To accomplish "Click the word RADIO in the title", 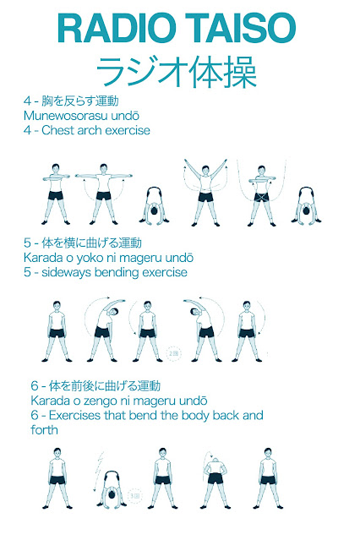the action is [115, 28].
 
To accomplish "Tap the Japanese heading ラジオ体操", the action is [177, 73].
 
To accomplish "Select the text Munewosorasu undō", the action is [81, 116].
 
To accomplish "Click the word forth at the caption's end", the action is [44, 430].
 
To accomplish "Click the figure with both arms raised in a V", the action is [205, 192].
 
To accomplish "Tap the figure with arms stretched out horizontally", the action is [103, 194].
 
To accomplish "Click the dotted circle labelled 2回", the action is [173, 354].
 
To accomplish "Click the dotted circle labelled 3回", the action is [134, 496].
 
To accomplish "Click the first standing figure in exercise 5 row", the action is [57, 331].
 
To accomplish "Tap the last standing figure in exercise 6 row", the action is [268, 478].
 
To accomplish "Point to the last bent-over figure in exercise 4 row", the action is [306, 205].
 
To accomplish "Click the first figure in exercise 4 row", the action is [56, 194].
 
